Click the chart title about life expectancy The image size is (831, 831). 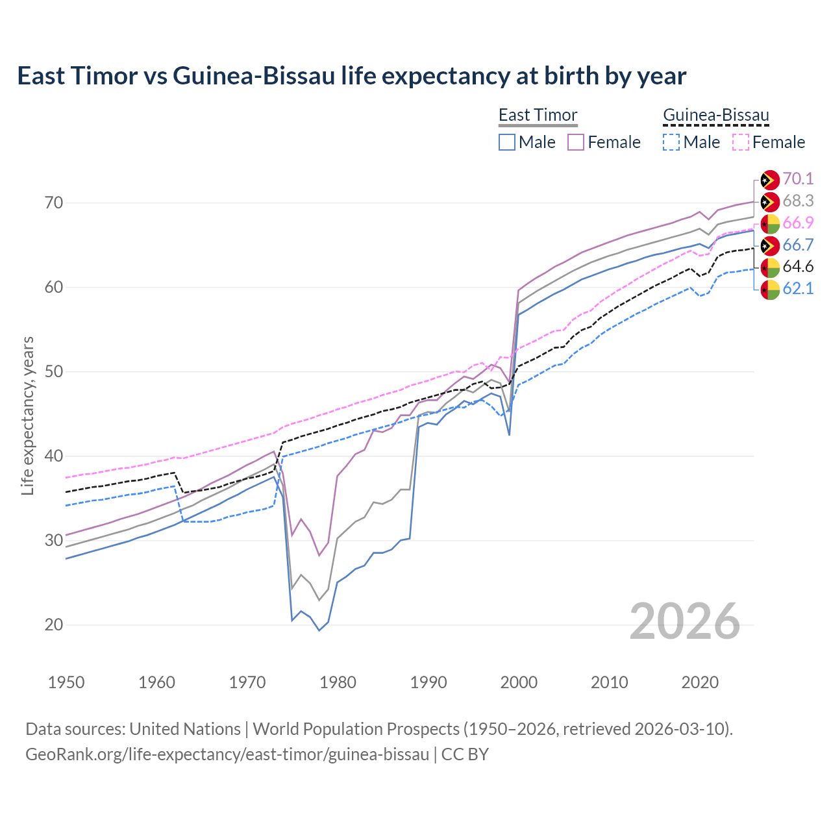pos(351,76)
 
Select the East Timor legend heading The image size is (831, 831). pos(538,115)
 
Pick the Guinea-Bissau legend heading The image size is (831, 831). pos(715,115)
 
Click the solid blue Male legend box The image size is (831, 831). pos(507,142)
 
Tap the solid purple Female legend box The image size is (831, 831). pos(576,142)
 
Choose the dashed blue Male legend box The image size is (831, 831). pos(671,142)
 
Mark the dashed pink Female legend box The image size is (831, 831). pos(741,142)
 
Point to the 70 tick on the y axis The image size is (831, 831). pos(55,203)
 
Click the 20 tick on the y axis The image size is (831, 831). pos(55,625)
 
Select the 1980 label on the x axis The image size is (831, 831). pos(338,682)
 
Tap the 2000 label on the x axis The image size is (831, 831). pos(519,682)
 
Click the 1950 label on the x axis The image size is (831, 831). pos(66,682)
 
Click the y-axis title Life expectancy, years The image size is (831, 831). pos(27,415)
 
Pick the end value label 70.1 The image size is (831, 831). pos(798,179)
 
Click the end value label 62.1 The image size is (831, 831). pos(798,289)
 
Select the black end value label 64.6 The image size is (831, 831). pos(798,267)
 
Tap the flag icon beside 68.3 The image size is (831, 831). pos(770,202)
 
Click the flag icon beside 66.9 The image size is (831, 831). pos(770,223)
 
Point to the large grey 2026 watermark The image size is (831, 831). pos(685,621)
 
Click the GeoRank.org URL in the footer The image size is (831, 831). pos(227,754)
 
